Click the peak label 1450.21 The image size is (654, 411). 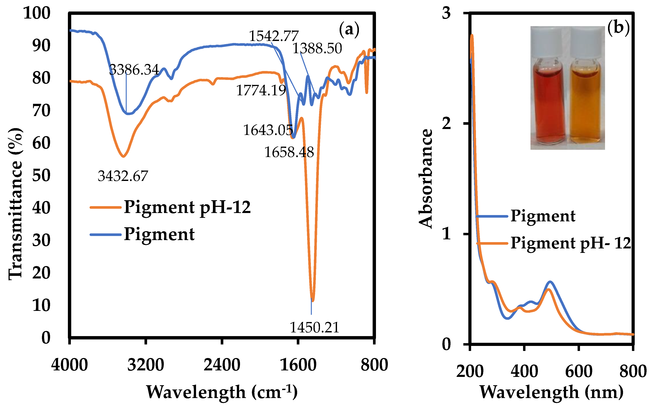click(x=315, y=327)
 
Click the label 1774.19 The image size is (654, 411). click(x=261, y=90)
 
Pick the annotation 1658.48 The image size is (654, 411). click(x=289, y=152)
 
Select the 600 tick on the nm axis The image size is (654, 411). click(x=579, y=371)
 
